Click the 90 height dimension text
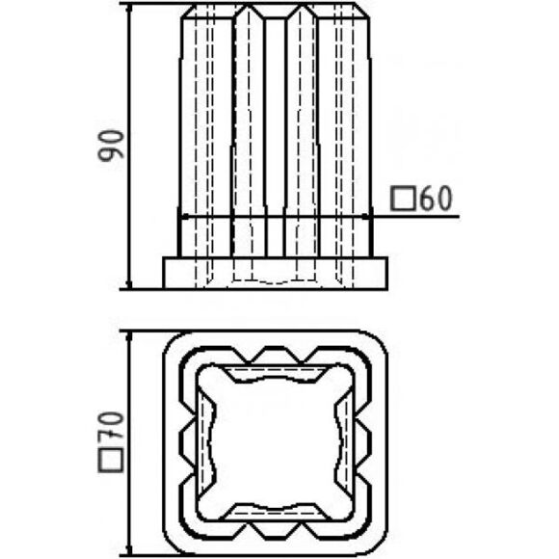pos(111,146)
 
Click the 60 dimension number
pos(436,198)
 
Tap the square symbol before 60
pos(403,199)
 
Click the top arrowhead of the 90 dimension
pos(129,8)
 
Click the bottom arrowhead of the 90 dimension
pos(129,283)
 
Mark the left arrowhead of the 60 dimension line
pos(185,216)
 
